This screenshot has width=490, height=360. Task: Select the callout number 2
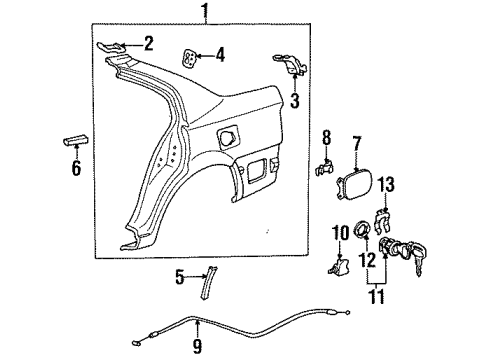148,42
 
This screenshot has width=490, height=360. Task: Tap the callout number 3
295,100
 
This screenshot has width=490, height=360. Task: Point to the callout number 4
221,56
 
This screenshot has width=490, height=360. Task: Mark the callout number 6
76,168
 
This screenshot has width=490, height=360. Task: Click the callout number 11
378,297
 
